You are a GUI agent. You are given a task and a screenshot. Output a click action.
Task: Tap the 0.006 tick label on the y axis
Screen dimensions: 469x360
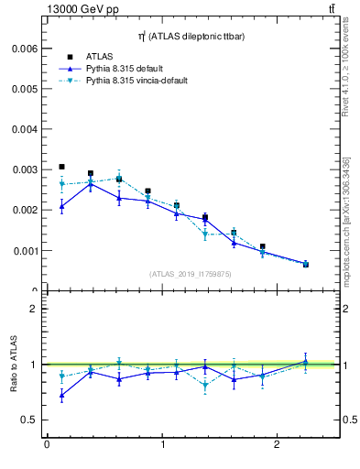click(25, 49)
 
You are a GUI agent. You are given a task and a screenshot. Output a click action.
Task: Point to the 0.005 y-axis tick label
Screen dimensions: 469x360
click(25, 89)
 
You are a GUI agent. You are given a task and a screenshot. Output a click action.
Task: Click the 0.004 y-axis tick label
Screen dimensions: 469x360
click(25, 129)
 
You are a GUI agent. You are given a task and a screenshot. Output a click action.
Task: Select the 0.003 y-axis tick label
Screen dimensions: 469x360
click(25, 169)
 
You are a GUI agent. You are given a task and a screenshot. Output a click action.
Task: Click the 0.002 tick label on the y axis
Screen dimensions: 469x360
click(25, 210)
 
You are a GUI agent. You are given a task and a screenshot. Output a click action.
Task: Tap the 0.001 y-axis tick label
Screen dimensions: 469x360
click(25, 250)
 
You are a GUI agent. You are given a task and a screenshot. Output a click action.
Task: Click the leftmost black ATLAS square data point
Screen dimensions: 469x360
click(61, 167)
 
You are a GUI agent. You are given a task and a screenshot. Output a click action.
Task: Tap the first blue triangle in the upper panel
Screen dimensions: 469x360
click(61, 207)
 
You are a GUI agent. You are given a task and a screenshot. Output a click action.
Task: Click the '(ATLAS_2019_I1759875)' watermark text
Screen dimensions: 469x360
click(190, 273)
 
